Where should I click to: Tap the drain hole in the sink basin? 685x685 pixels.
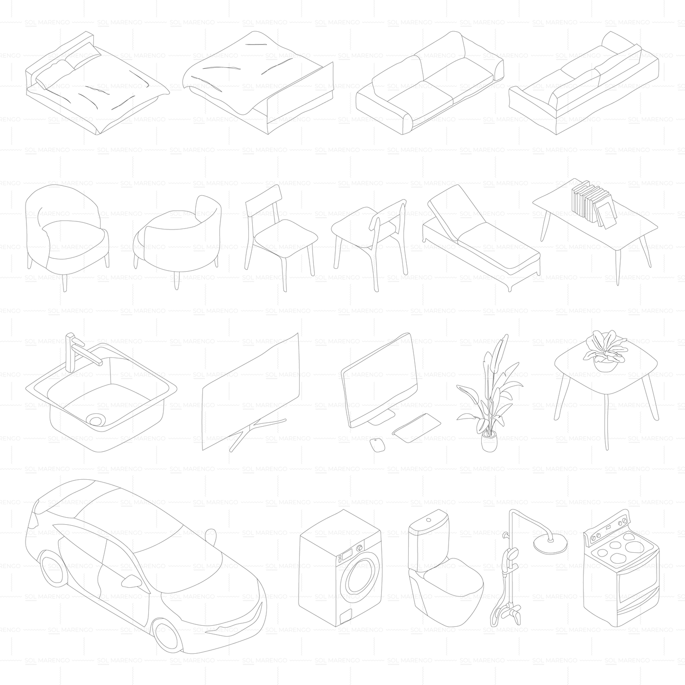click(96, 420)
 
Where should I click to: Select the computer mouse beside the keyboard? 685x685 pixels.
click(377, 445)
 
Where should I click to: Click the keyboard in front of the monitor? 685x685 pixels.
click(417, 428)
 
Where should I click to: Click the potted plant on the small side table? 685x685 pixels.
click(605, 351)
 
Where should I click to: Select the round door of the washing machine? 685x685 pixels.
click(360, 576)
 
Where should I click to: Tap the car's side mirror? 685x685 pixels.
click(131, 581)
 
